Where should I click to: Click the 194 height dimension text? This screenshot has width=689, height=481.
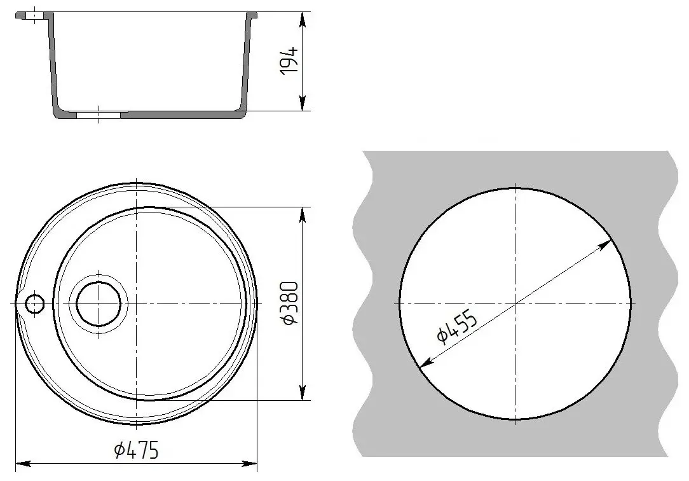pyautogui.click(x=290, y=60)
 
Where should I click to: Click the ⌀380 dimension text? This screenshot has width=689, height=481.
pyautogui.click(x=290, y=303)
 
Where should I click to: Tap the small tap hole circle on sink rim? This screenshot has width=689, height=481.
pyautogui.click(x=34, y=304)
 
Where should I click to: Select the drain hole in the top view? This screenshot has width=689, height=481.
pyautogui.click(x=99, y=303)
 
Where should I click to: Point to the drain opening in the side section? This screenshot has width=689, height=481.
pyautogui.click(x=99, y=116)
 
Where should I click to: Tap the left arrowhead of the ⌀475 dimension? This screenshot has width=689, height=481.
pyautogui.click(x=20, y=463)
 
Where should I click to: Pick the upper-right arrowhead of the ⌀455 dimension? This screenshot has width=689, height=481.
pyautogui.click(x=608, y=244)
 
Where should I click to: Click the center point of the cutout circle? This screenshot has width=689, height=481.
pyautogui.click(x=515, y=303)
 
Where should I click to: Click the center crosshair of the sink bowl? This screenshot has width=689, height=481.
pyautogui.click(x=137, y=303)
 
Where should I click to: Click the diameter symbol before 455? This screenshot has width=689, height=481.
pyautogui.click(x=441, y=335)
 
